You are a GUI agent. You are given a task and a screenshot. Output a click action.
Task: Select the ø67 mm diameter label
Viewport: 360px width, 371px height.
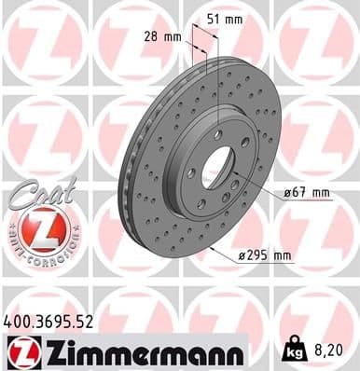click(x=307, y=193)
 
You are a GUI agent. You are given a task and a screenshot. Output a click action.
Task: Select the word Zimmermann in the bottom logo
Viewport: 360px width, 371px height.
click(x=142, y=351)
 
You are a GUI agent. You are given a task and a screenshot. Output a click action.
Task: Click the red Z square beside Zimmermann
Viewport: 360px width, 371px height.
click(x=20, y=350)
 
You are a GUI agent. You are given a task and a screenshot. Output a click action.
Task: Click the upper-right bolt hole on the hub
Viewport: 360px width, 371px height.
click(x=244, y=142)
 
